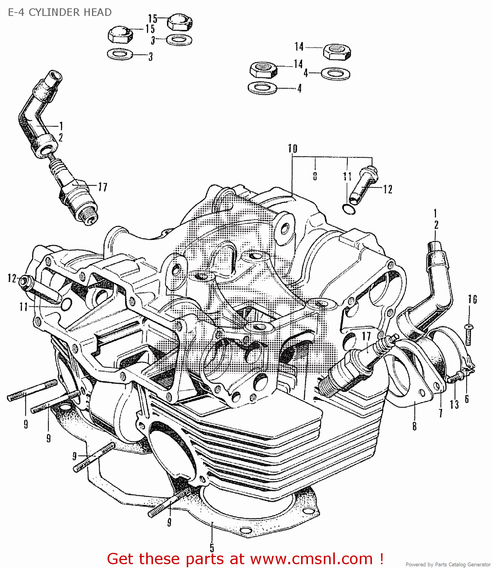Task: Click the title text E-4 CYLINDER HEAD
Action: click(60, 12)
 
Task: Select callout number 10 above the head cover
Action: click(292, 148)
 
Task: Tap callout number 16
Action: click(472, 300)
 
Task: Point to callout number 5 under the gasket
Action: click(212, 548)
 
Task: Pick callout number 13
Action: click(454, 404)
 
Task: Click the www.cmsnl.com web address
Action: click(311, 559)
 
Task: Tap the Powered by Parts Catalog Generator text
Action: click(448, 564)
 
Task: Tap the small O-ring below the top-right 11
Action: click(349, 209)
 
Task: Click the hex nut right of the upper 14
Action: click(337, 51)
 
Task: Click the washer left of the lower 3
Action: click(120, 54)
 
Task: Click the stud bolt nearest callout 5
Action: click(169, 502)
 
